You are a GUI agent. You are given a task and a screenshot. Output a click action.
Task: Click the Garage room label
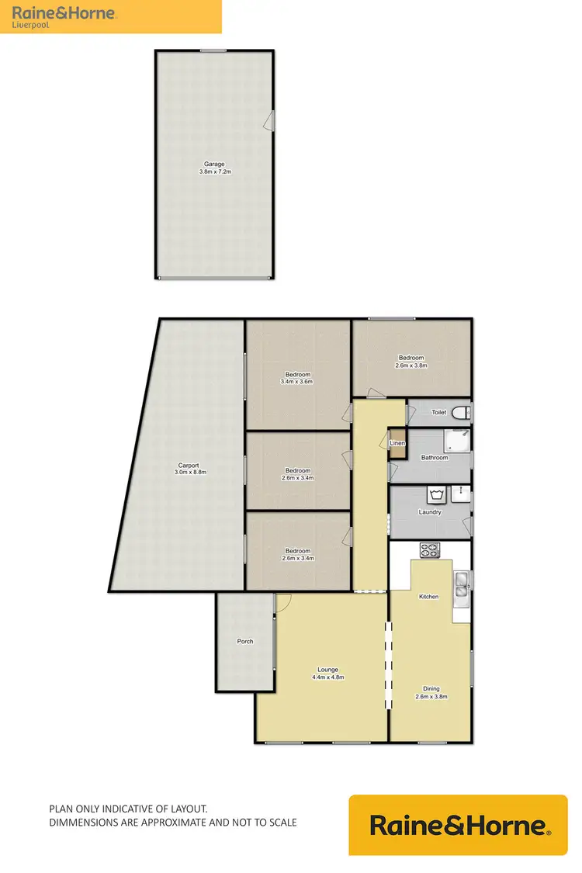click(214, 168)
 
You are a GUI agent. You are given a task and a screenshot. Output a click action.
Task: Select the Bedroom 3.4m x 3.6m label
click(297, 377)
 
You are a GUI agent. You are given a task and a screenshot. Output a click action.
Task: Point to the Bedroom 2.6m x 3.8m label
click(411, 361)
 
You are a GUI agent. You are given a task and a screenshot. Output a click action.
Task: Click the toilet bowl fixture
click(460, 413)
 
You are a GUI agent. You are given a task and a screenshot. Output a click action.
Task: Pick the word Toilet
click(438, 413)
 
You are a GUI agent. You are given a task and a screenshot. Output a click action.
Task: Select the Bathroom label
click(435, 458)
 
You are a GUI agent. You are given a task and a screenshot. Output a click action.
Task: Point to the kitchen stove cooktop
click(429, 550)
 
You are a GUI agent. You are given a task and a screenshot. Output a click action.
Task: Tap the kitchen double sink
click(462, 584)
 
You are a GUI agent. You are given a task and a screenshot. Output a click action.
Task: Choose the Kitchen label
click(428, 597)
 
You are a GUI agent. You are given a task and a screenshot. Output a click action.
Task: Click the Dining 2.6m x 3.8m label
click(431, 692)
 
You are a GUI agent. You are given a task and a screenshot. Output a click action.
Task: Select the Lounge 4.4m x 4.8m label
click(328, 673)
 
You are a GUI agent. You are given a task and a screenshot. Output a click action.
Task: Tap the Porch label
click(245, 642)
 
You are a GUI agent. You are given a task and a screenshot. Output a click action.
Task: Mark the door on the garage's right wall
click(269, 120)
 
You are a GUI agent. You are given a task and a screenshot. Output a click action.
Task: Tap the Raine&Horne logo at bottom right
click(458, 825)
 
